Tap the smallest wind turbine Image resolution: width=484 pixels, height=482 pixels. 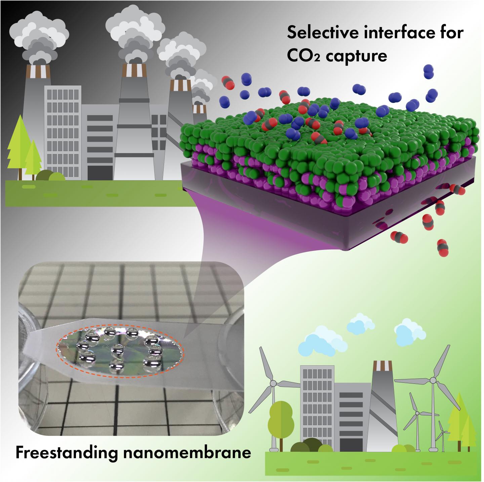coord(443,432)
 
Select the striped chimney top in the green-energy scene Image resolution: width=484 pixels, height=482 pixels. coord(382,365)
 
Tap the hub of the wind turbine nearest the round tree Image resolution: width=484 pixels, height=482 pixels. coord(273,383)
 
